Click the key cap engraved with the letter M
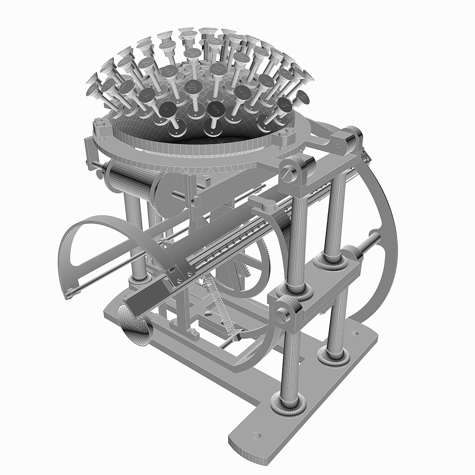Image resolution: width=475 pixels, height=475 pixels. coord(216,68)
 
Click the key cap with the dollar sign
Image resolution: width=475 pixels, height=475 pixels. coord(216,107)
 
